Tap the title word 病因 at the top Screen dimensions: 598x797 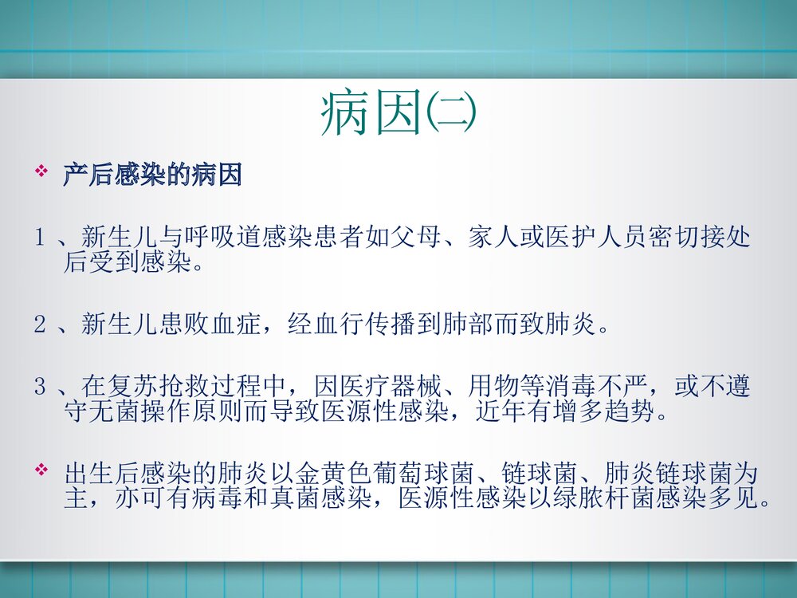pos(371,114)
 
